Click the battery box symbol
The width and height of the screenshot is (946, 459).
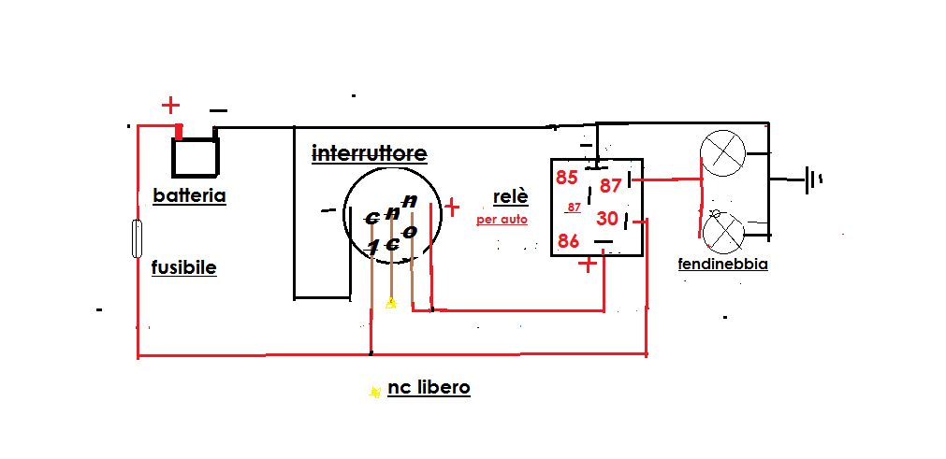[x=196, y=156]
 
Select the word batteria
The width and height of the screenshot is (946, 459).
[x=190, y=196]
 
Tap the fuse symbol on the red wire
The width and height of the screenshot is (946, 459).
[x=138, y=238]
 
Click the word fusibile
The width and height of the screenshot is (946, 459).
[x=183, y=268]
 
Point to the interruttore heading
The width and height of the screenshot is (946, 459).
[x=369, y=153]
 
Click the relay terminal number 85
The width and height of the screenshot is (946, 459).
[x=567, y=178]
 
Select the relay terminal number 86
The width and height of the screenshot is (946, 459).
[x=569, y=241]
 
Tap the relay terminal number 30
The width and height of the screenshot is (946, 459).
[x=607, y=219]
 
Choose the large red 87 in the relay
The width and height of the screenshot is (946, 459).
[x=611, y=185]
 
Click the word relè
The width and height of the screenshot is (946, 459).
[x=511, y=197]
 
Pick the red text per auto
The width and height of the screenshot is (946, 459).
[x=502, y=221]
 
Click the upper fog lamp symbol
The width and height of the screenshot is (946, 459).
[x=723, y=153]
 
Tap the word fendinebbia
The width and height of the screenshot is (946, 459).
[x=722, y=265]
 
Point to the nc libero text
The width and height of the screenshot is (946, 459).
[x=429, y=388]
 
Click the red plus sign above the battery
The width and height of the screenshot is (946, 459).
[x=170, y=105]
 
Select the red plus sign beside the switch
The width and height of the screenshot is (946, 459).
[x=452, y=207]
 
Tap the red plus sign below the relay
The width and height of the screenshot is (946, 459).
[x=588, y=265]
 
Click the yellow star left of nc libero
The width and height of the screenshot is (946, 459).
[x=374, y=391]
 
